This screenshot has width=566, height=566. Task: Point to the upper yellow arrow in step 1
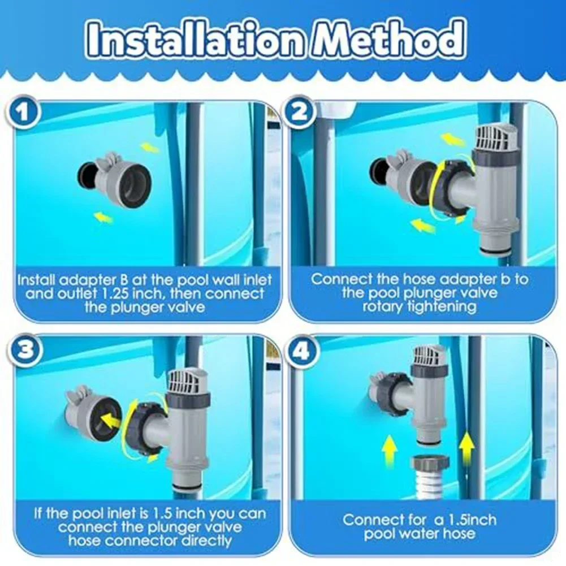[149, 148]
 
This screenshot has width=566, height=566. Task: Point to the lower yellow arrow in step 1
[104, 217]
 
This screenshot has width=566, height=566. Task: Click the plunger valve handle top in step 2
[494, 137]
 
